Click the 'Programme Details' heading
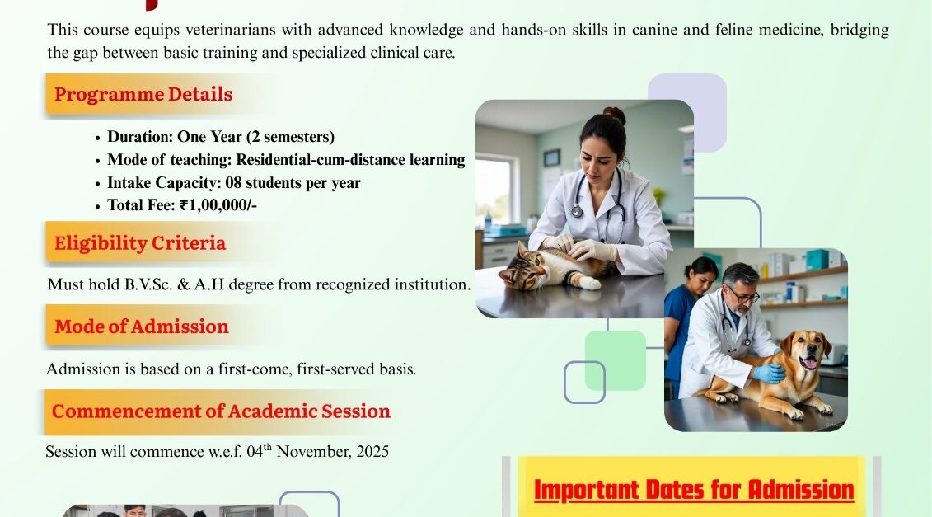[143, 95]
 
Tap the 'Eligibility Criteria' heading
[140, 243]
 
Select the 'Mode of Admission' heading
[142, 327]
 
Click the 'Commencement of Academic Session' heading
[221, 411]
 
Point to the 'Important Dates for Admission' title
[694, 491]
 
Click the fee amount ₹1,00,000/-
[218, 205]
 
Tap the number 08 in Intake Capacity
[233, 183]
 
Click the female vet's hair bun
[616, 115]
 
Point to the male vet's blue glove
[769, 373]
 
